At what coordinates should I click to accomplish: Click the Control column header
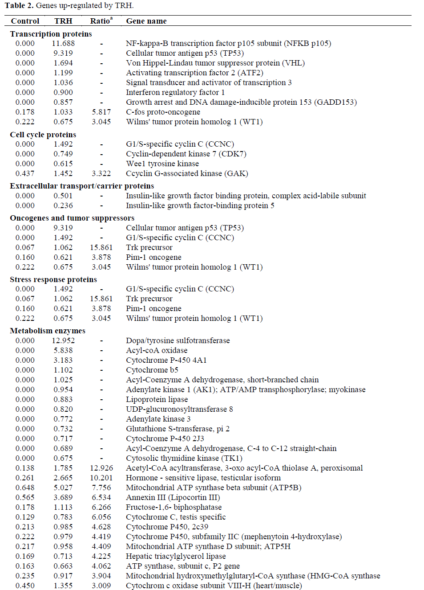(25, 21)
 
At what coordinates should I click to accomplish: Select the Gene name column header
(146, 21)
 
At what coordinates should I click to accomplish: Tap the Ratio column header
(101, 21)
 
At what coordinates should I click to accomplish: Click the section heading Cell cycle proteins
(43, 135)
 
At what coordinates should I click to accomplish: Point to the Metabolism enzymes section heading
(48, 331)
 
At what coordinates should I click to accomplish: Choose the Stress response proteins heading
(53, 279)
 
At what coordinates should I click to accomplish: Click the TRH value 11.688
(63, 43)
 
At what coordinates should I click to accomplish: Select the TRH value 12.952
(63, 340)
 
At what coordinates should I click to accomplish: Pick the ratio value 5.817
(101, 112)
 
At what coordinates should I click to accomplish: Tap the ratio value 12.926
(101, 468)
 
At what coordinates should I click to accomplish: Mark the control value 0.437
(25, 173)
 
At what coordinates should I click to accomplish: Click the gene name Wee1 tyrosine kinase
(162, 164)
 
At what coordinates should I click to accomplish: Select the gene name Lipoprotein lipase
(157, 399)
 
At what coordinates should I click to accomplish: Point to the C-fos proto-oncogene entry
(163, 112)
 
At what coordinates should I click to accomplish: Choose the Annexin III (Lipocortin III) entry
(173, 497)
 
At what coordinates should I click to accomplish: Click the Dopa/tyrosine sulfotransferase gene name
(178, 340)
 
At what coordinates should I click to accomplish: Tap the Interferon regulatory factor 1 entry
(175, 92)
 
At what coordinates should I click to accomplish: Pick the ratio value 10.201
(101, 478)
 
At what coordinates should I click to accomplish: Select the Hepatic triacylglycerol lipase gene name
(176, 556)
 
